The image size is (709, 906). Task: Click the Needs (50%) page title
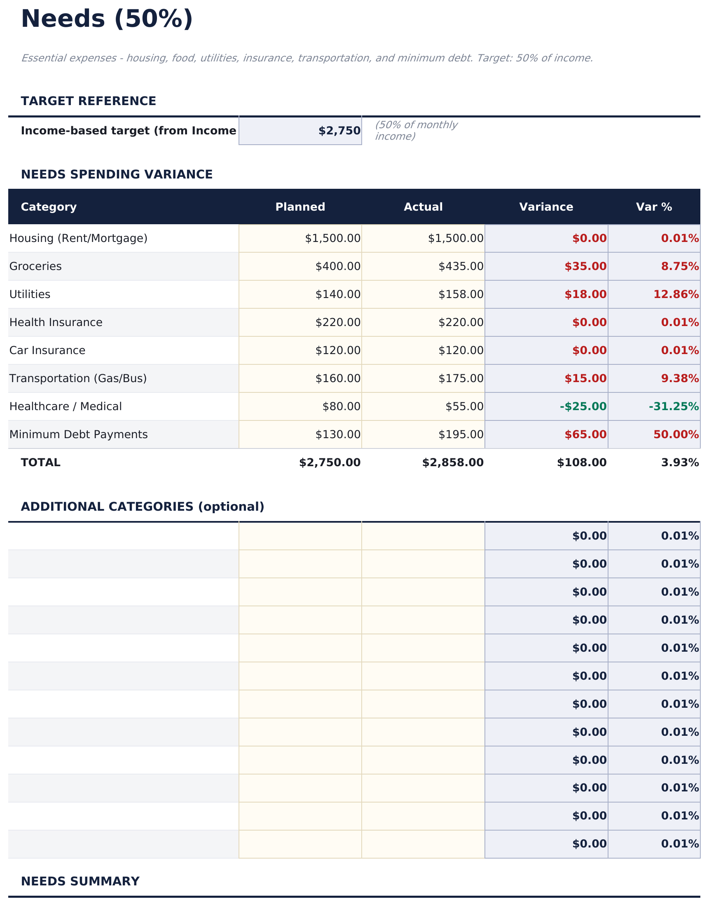click(107, 19)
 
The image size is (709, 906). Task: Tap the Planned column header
click(300, 207)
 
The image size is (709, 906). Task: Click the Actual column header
click(423, 207)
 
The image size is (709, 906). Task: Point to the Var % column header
click(654, 207)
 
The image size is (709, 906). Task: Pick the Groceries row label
click(36, 266)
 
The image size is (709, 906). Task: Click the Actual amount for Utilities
click(461, 294)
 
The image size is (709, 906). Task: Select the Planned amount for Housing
click(332, 238)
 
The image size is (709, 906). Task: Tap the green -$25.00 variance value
click(583, 406)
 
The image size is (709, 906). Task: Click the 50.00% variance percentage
click(676, 434)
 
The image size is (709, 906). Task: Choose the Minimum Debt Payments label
click(78, 434)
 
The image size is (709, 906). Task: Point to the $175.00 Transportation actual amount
click(461, 378)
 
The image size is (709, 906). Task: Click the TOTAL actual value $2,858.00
click(452, 462)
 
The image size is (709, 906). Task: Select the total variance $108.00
click(582, 462)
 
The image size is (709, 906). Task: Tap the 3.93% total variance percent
click(679, 462)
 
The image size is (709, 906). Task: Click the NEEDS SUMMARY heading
click(80, 881)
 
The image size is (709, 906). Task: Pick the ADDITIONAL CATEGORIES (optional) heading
click(143, 507)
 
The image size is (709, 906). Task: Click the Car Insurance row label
click(47, 350)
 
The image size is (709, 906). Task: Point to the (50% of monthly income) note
click(416, 131)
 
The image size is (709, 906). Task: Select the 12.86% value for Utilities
click(676, 294)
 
